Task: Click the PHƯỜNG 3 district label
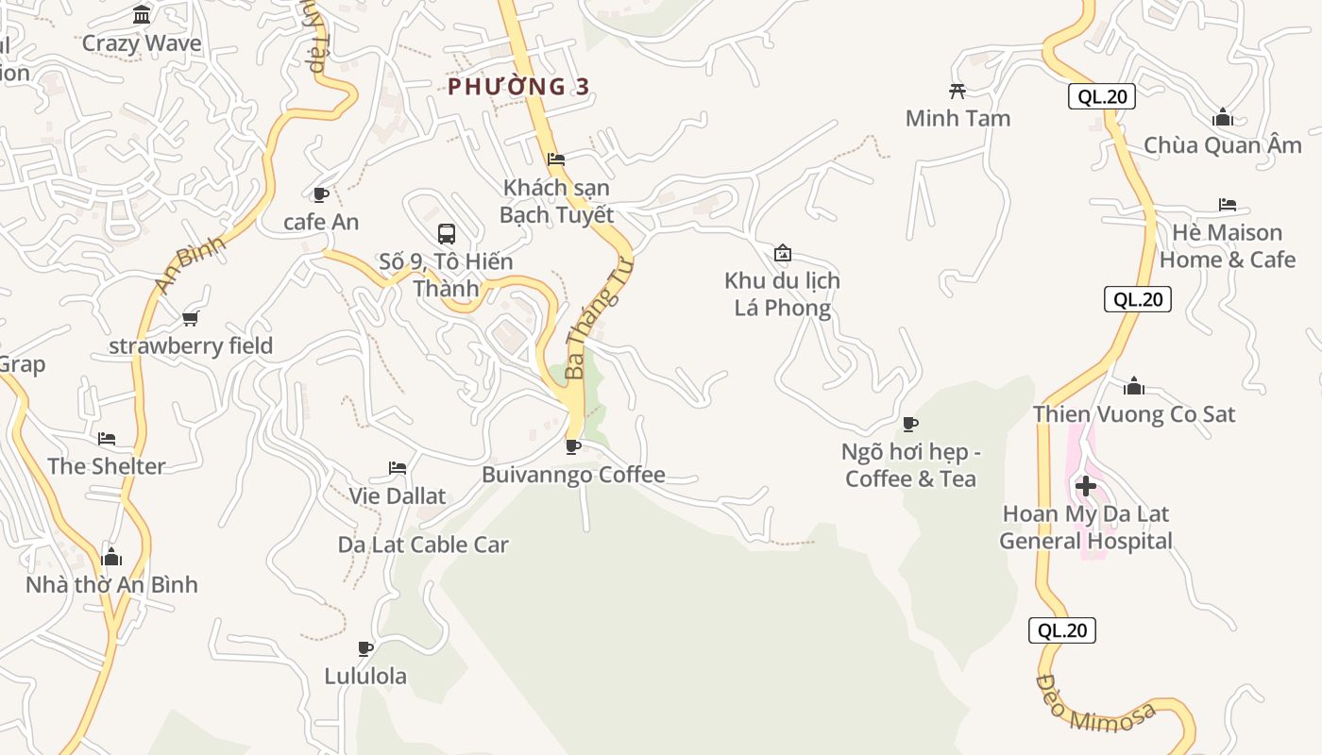point(518,87)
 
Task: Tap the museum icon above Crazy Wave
point(142,15)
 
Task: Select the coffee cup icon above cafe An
point(320,194)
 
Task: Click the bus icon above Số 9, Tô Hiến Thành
point(447,233)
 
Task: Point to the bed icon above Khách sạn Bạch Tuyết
point(556,159)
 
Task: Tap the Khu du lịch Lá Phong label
point(782,294)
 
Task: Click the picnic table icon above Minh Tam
point(957,91)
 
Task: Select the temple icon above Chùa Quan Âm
point(1223,118)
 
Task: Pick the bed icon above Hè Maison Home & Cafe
point(1227,205)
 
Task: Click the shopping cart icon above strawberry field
point(191,318)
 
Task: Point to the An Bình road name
point(190,264)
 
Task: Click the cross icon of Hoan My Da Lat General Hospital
point(1086,487)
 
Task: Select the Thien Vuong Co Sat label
point(1133,414)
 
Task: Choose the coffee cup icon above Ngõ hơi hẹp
point(910,424)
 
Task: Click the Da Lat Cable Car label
point(423,545)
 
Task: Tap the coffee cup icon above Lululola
point(365,648)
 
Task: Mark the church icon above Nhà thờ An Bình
point(111,557)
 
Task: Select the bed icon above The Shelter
point(107,439)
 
